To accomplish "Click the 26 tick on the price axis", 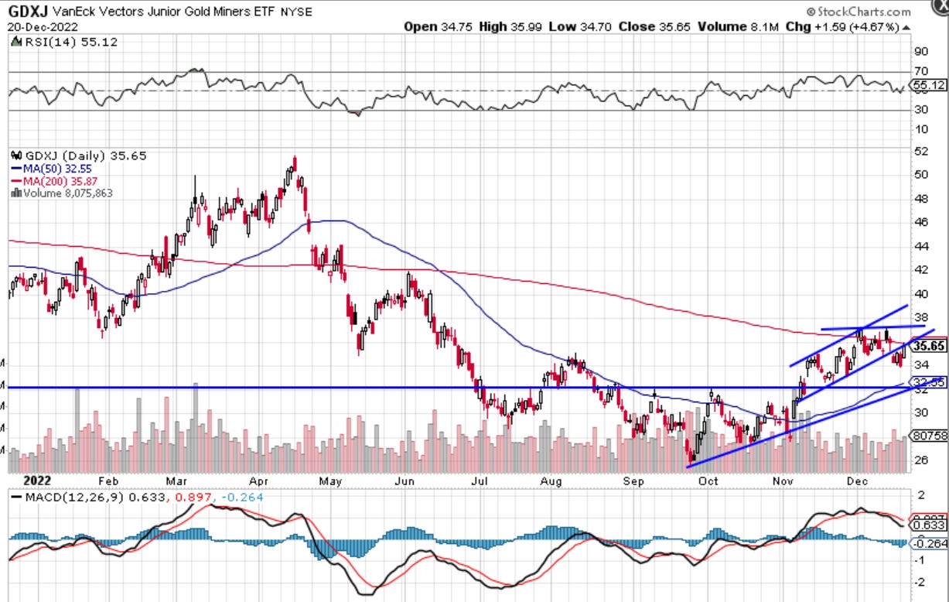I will click(921, 460).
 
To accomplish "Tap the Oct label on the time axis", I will click(708, 480).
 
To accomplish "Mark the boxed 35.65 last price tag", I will click(928, 346).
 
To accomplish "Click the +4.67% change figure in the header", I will click(876, 26).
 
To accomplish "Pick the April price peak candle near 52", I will click(295, 162).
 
